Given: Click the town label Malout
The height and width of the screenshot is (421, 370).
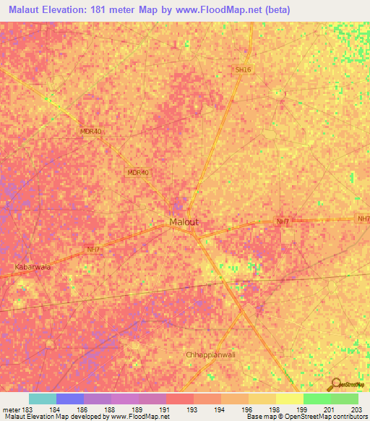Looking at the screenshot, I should (183, 222).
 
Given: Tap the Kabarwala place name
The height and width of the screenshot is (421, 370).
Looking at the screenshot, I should (33, 267).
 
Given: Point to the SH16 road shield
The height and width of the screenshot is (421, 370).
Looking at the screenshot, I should (243, 69).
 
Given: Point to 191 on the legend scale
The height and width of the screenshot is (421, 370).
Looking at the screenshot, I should (165, 408).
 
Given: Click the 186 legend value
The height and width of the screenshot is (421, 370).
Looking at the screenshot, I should (84, 408).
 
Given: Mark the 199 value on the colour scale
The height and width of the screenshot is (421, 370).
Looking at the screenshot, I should (303, 408).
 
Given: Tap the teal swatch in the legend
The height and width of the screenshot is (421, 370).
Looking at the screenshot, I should (43, 399).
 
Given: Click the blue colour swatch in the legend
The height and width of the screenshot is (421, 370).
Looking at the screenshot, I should (70, 399).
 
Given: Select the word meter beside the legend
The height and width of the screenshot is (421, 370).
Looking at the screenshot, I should (11, 408).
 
